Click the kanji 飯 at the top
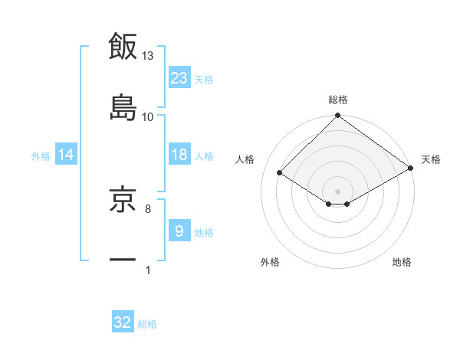pyautogui.click(x=123, y=46)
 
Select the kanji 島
pyautogui.click(x=123, y=106)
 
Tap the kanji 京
pyautogui.click(x=123, y=200)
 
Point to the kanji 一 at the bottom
pyautogui.click(x=123, y=260)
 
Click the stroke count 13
pyautogui.click(x=148, y=56)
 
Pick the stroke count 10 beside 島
pyautogui.click(x=148, y=116)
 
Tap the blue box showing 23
pyautogui.click(x=179, y=77)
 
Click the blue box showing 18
pyautogui.click(x=179, y=155)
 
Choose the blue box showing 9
pyautogui.click(x=179, y=231)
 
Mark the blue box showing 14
pyautogui.click(x=66, y=155)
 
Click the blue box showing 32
pyautogui.click(x=123, y=322)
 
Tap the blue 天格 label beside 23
pyautogui.click(x=204, y=79)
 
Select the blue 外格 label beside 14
pyautogui.click(x=41, y=156)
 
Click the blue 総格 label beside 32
pyautogui.click(x=147, y=324)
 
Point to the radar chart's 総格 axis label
pyautogui.click(x=338, y=100)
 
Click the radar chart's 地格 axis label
pyautogui.click(x=402, y=262)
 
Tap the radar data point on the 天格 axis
pyautogui.click(x=411, y=169)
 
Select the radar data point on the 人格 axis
pyautogui.click(x=280, y=173)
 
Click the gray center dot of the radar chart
pyautogui.click(x=337, y=190)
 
